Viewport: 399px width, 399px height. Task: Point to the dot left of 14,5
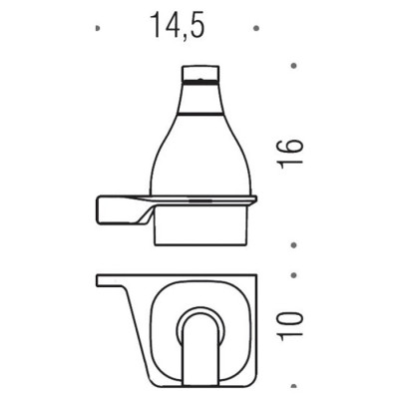pyautogui.click(x=97, y=29)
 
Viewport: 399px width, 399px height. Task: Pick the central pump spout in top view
pyautogui.click(x=197, y=350)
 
